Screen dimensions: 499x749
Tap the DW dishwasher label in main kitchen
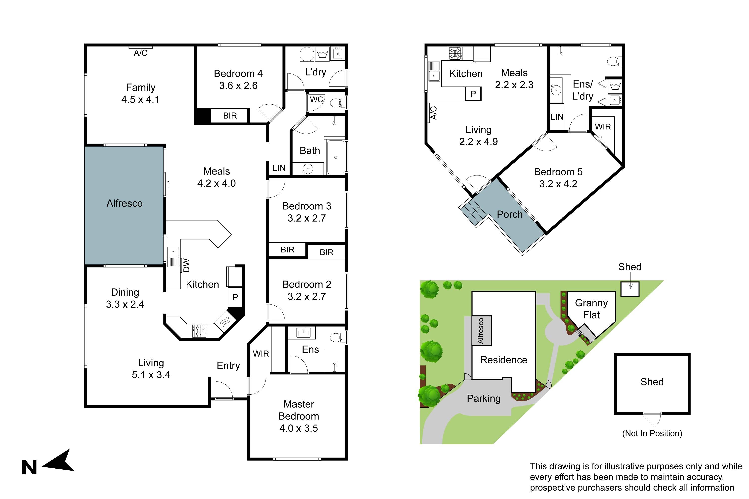[187, 266]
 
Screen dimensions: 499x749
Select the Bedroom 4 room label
[238, 74]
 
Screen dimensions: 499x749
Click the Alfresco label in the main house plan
[125, 203]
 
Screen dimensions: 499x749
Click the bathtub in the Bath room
[336, 157]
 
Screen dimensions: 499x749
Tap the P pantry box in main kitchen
[235, 297]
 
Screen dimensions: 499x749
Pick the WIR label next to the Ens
[261, 354]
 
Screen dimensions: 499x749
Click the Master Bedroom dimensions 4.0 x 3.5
[298, 428]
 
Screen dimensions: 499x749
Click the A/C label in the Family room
[140, 53]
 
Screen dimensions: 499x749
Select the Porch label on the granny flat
[510, 215]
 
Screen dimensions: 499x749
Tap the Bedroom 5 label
[558, 172]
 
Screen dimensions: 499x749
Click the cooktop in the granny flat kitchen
[456, 53]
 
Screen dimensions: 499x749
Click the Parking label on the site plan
[483, 398]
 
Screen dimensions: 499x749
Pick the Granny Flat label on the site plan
[591, 309]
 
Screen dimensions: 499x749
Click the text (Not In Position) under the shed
[652, 433]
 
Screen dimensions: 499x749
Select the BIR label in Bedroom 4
[230, 116]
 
